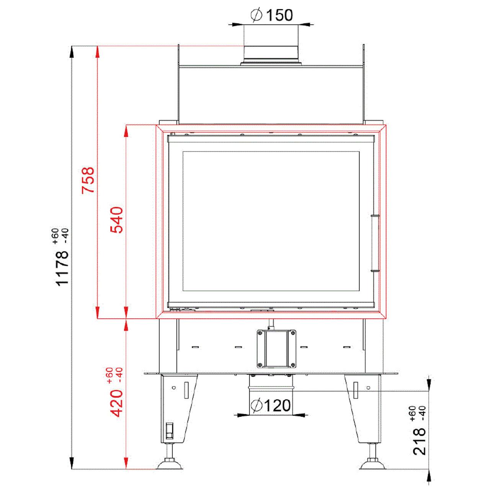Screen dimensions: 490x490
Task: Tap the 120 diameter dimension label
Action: click(271, 405)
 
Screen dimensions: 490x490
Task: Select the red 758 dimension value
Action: click(88, 180)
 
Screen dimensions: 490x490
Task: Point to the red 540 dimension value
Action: click(117, 220)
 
